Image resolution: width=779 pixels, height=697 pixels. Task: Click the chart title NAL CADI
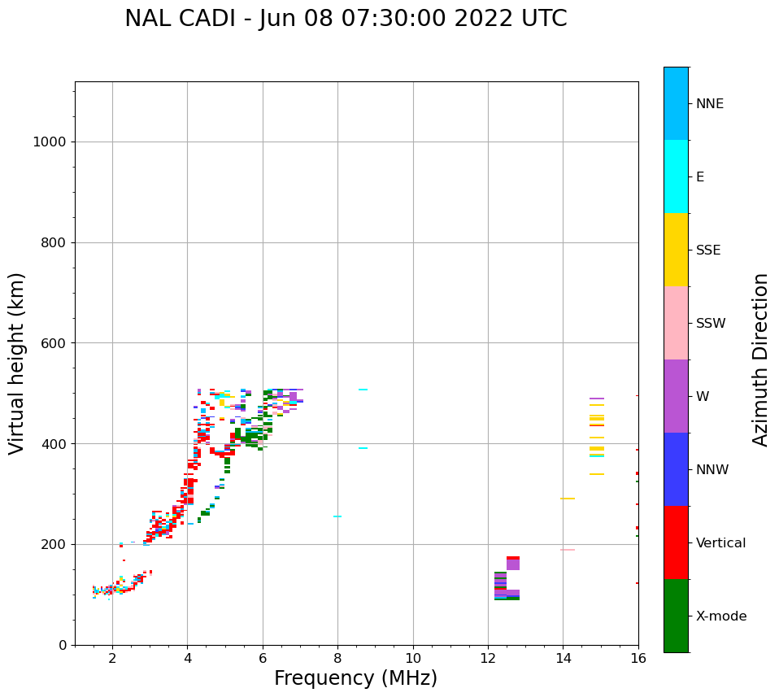coord(346,19)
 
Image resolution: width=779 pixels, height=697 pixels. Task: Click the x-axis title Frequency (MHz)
coord(355,678)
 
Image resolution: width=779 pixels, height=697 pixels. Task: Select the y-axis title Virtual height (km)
coord(17,364)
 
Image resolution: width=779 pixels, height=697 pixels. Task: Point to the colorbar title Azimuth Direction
coord(760,359)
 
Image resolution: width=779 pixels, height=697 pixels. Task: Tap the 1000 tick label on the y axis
coord(49,142)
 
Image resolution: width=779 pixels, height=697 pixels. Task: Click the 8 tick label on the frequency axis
coord(337,658)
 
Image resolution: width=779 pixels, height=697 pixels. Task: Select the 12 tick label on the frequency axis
coord(488,658)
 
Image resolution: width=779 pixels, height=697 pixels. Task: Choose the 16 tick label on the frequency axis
coord(638,658)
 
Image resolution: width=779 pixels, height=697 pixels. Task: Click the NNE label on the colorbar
coord(709,104)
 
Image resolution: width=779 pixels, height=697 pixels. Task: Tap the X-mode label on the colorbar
coord(720,616)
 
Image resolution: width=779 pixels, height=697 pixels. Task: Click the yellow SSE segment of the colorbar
coord(676,250)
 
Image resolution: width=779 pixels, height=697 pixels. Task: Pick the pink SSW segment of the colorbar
coord(676,323)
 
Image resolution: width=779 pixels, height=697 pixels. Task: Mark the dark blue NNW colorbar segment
coord(676,469)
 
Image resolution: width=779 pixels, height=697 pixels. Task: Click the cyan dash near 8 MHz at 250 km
coord(337,516)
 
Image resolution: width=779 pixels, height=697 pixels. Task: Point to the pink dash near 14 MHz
coord(568,550)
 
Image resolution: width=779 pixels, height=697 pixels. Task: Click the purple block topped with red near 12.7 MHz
coord(513,563)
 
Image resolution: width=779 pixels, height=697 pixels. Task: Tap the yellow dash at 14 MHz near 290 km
coord(568,499)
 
